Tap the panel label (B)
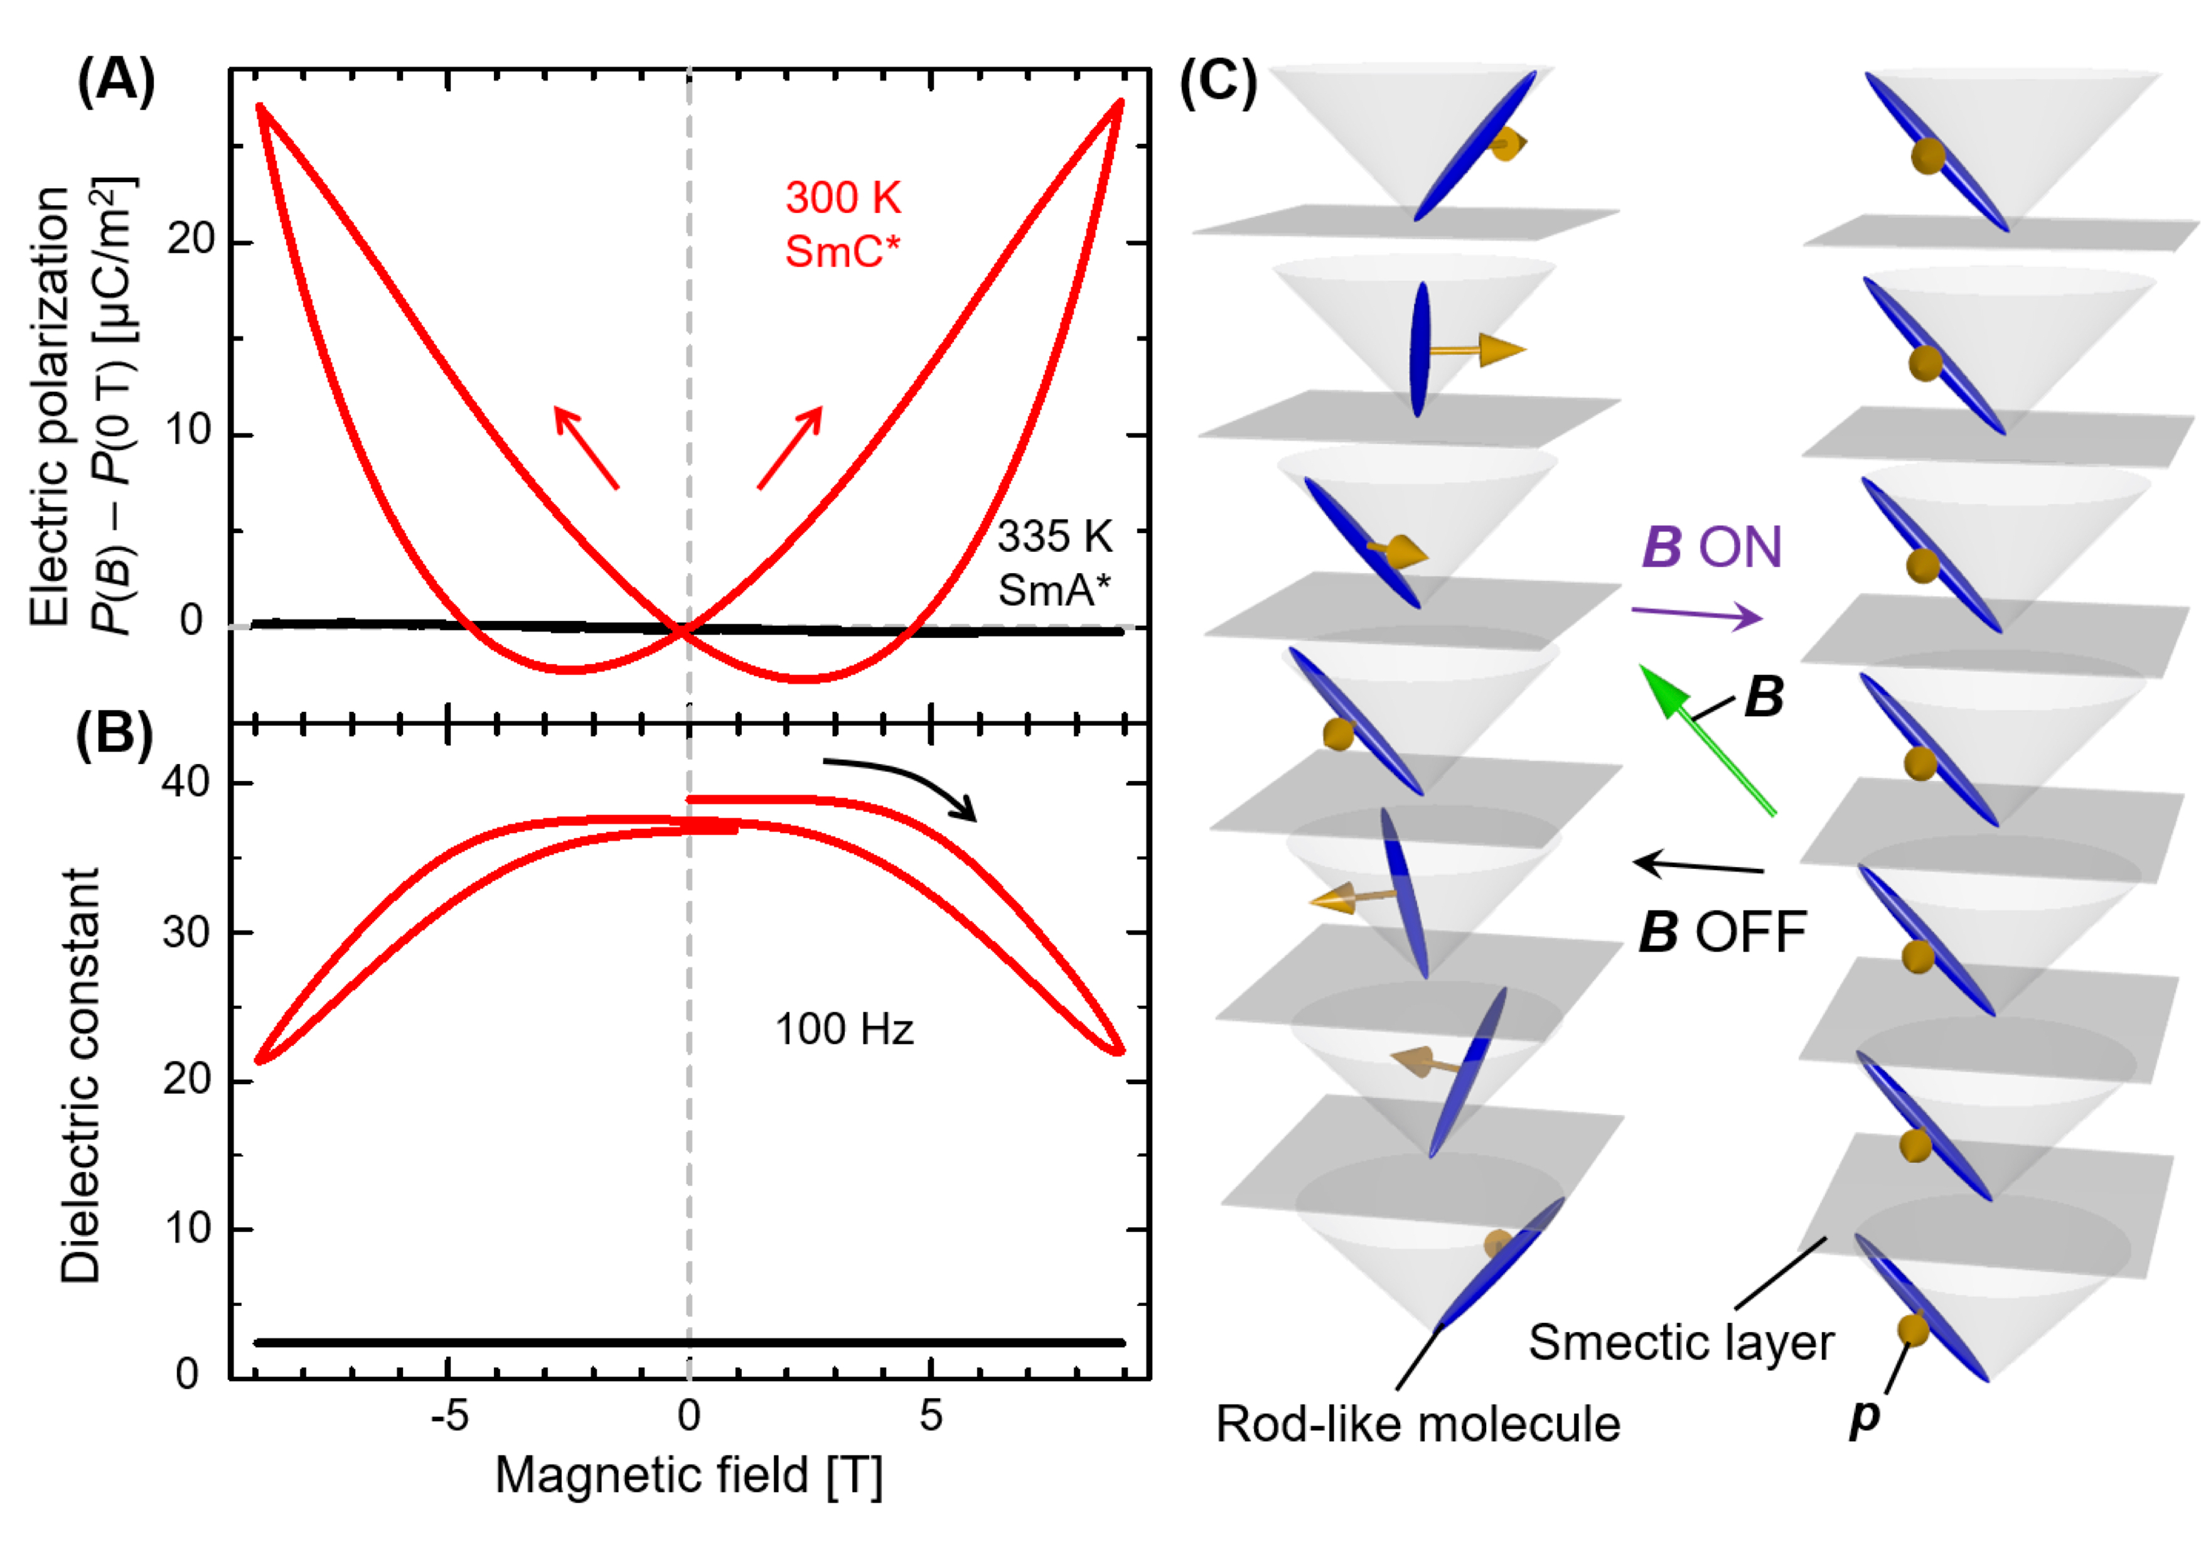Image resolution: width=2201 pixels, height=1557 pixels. [114, 736]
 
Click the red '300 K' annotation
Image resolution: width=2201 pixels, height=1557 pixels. [843, 198]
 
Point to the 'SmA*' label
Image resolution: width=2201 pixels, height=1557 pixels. [1054, 590]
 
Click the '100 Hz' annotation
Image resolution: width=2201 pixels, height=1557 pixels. [843, 1030]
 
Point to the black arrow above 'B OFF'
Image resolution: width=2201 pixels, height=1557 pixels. [1698, 866]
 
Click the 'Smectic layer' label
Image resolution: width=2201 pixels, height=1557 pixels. [1681, 1342]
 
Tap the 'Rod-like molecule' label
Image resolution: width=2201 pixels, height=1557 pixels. [1418, 1424]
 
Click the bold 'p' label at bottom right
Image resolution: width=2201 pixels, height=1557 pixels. [1865, 1416]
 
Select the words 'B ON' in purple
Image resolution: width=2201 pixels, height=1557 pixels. [1711, 547]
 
